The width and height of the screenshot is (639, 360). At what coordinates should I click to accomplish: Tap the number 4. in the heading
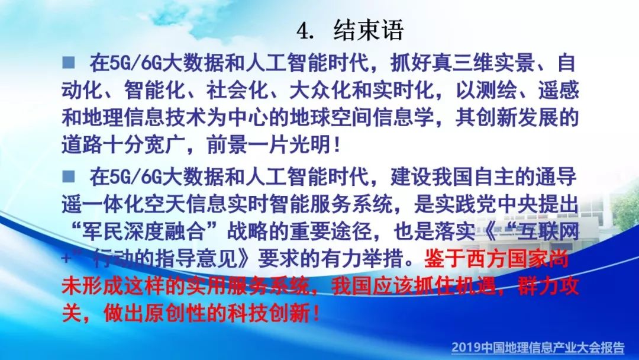pos(306,31)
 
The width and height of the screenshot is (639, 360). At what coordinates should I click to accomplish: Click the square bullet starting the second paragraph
pos(69,176)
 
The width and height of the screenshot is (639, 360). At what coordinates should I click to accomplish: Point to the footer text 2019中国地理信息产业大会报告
pos(537,348)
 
